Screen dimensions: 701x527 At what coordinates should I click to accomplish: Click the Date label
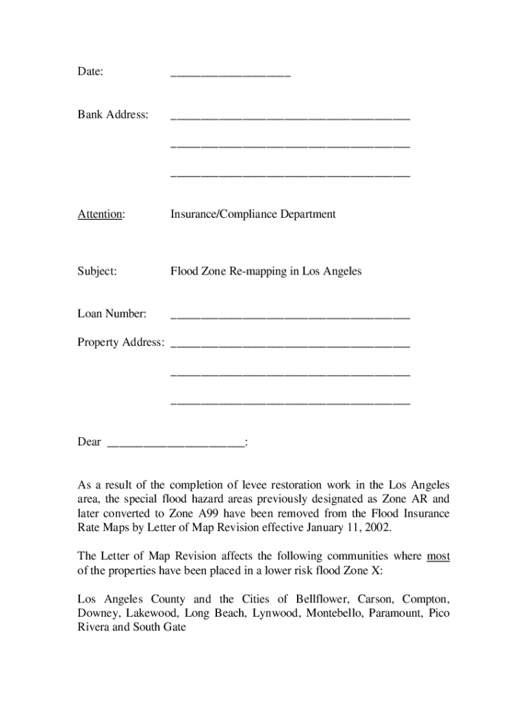[x=90, y=72]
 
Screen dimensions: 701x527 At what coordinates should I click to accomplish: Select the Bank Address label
[x=113, y=114]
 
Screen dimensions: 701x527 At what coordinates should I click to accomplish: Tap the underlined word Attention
[x=101, y=214]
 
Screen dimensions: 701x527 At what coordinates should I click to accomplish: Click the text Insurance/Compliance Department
[x=253, y=214]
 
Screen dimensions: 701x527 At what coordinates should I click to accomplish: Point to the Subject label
[x=97, y=272]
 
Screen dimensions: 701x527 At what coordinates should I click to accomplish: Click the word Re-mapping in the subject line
[x=253, y=272]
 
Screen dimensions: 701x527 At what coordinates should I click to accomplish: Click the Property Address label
[x=120, y=342]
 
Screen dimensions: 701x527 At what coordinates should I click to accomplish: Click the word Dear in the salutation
[x=89, y=442]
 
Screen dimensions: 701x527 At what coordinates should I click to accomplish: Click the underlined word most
[x=438, y=557]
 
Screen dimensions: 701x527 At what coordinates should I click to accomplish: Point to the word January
[x=326, y=527]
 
